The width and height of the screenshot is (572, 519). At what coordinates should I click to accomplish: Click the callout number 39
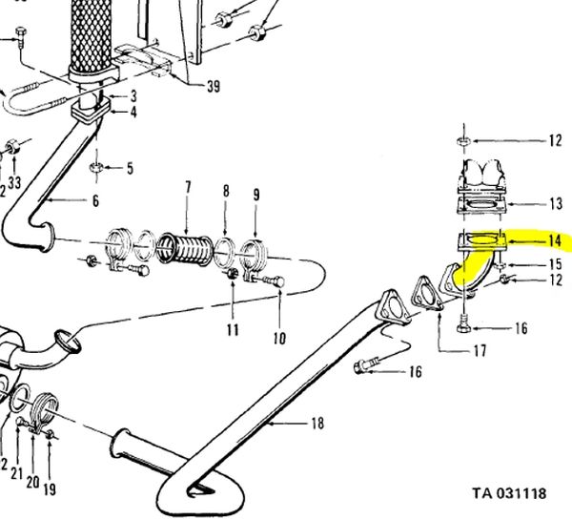(x=214, y=87)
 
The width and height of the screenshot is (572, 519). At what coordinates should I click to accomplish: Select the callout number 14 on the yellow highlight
(x=554, y=240)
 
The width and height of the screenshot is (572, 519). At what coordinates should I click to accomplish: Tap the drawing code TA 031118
(x=510, y=493)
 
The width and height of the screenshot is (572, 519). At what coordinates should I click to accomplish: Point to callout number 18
(x=317, y=424)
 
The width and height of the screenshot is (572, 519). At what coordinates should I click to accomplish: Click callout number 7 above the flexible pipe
(x=188, y=187)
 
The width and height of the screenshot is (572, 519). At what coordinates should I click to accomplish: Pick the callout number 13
(x=556, y=203)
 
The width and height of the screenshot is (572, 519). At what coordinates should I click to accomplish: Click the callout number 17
(x=480, y=351)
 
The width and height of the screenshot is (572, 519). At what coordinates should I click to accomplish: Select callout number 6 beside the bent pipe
(x=95, y=200)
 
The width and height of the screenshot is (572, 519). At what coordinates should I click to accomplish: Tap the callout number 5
(x=130, y=168)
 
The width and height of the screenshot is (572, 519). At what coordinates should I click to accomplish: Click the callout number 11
(x=233, y=330)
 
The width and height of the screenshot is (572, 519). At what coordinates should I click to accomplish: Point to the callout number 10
(x=279, y=338)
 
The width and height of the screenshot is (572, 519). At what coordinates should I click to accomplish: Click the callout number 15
(x=556, y=264)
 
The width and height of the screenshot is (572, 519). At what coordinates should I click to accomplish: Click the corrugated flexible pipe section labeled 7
(x=185, y=248)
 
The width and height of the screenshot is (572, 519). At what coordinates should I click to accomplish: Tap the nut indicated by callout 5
(x=96, y=168)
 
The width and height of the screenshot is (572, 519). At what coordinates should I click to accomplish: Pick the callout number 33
(x=14, y=182)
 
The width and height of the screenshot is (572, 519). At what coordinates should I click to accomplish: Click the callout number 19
(x=50, y=489)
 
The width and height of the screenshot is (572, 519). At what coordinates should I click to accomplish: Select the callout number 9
(x=256, y=195)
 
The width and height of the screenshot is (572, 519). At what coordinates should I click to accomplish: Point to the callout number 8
(x=226, y=191)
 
